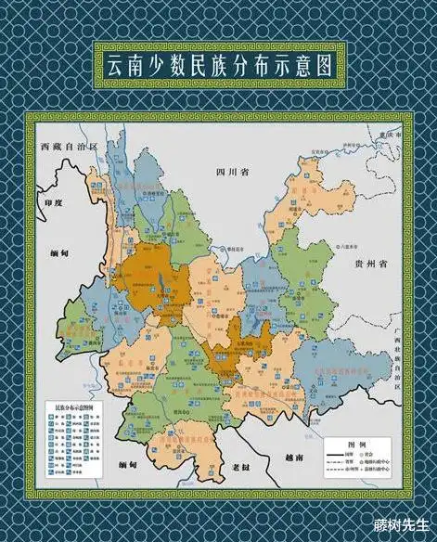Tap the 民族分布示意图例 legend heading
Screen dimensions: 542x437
72,407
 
